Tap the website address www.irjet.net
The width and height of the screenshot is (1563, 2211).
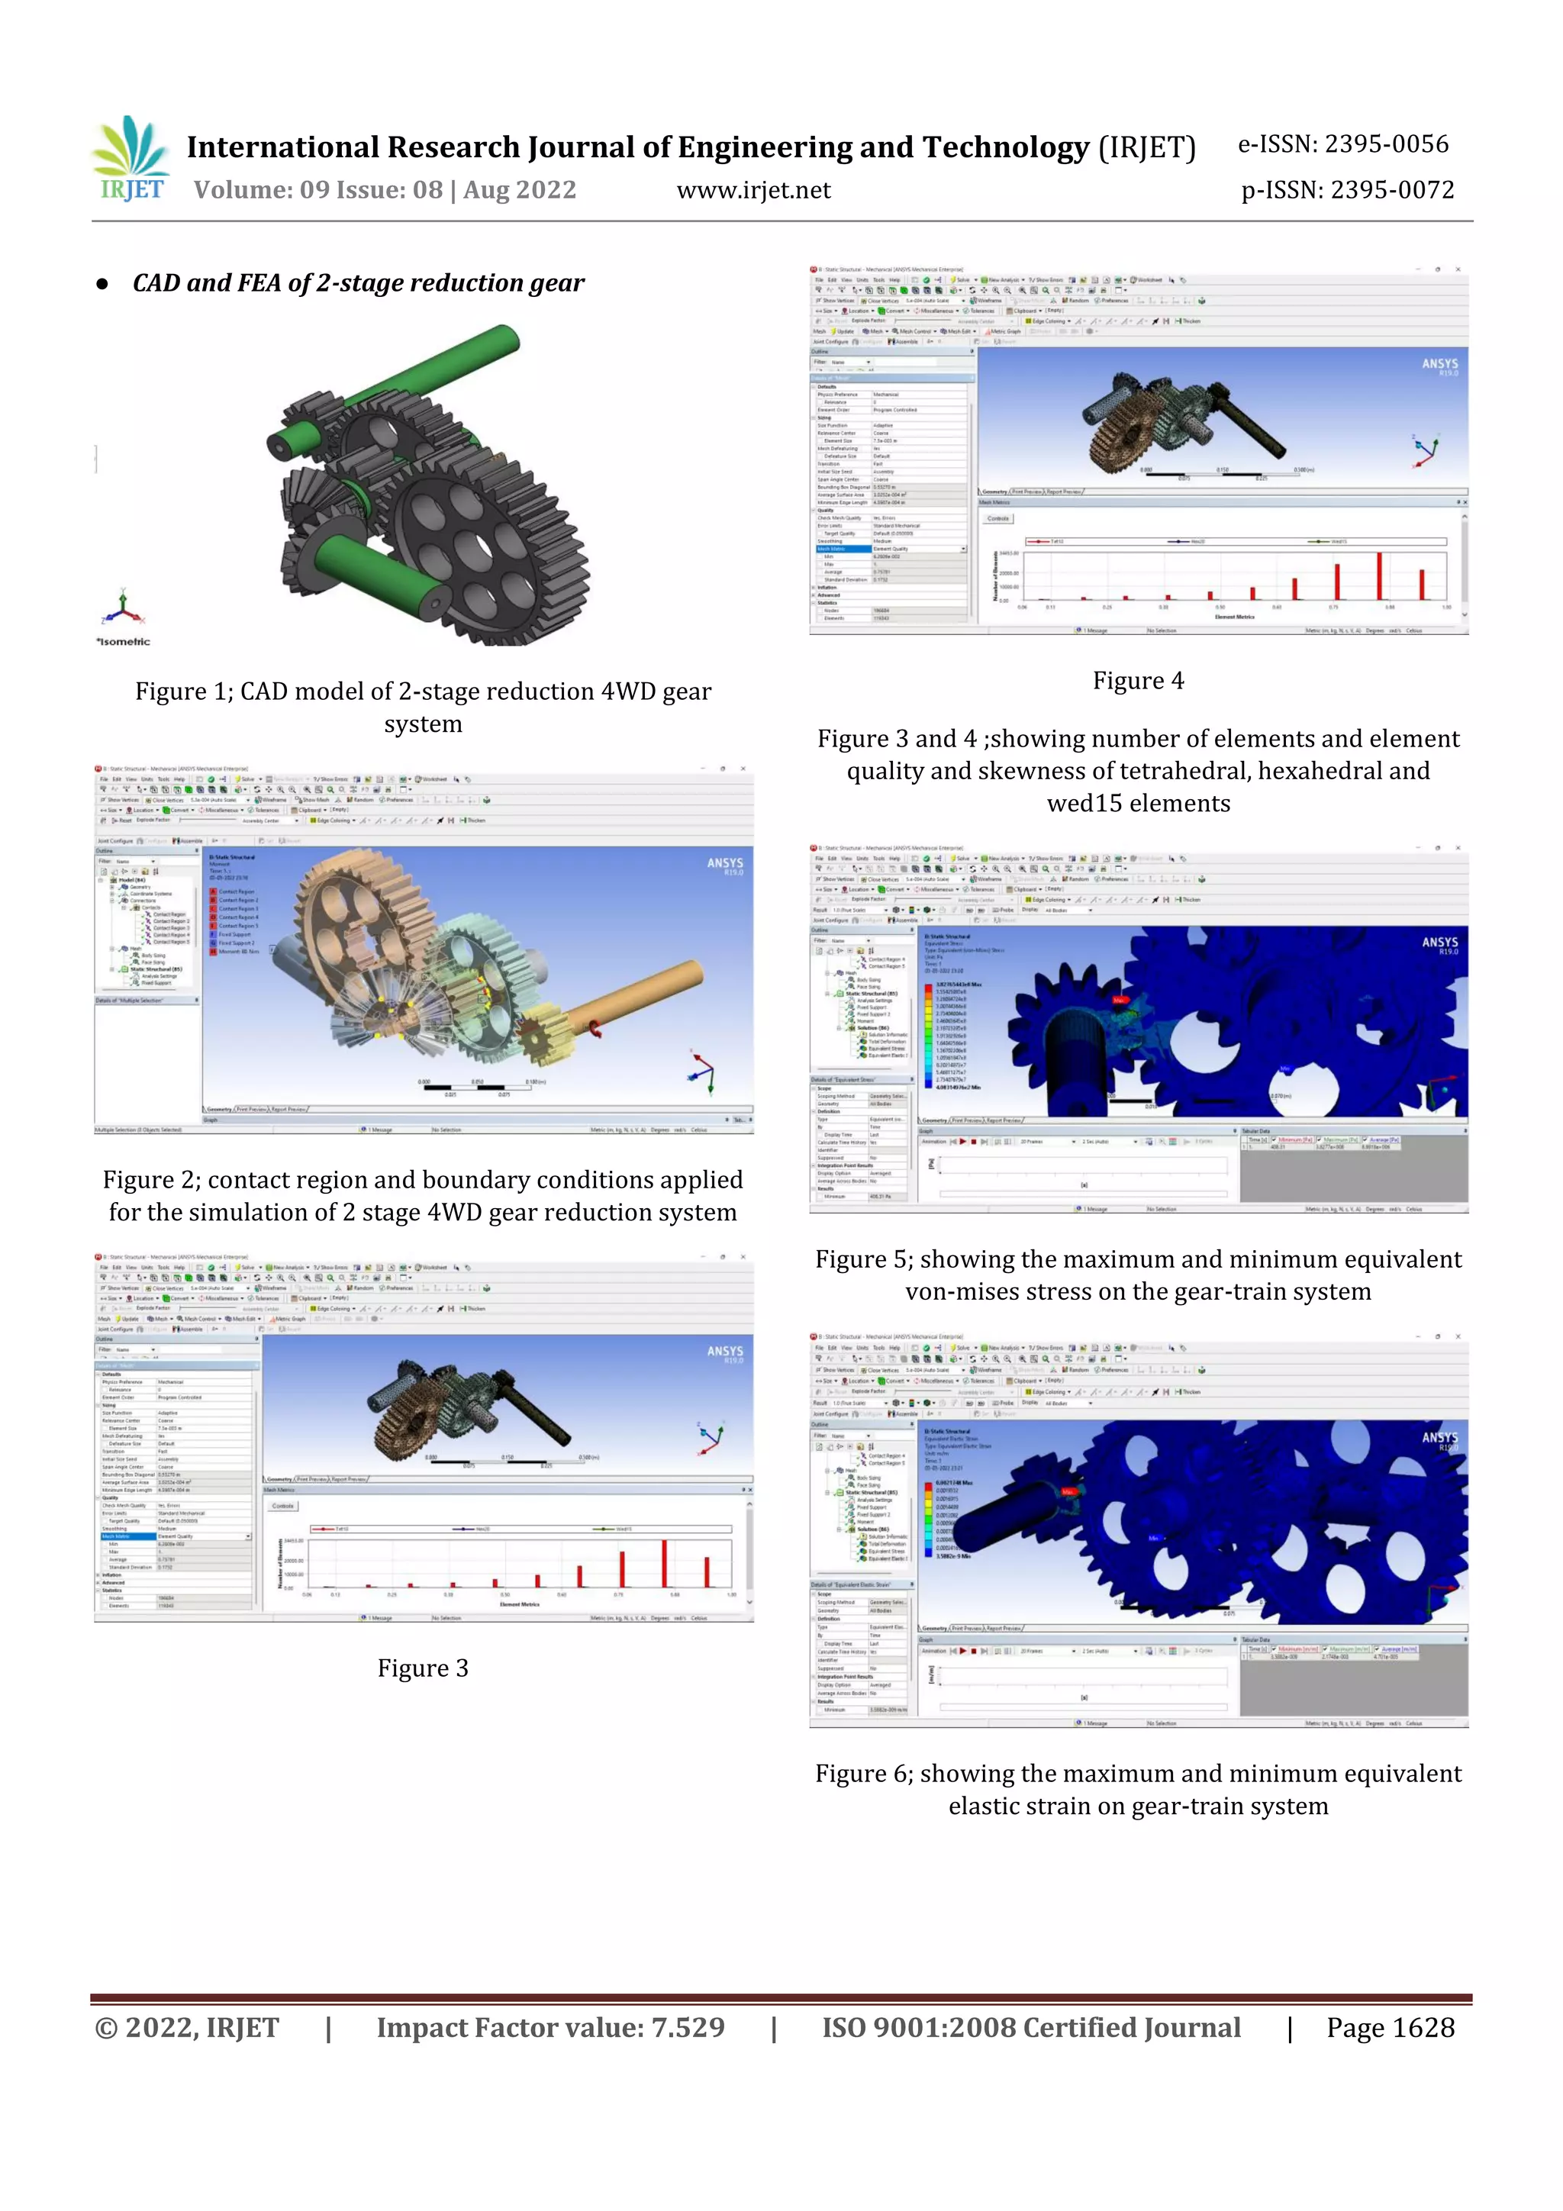753,191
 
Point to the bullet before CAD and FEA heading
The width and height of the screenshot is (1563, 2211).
102,284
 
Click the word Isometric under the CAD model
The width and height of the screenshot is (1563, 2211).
124,641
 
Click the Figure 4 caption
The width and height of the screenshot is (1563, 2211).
1137,681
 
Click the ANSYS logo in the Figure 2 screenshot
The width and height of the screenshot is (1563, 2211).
725,864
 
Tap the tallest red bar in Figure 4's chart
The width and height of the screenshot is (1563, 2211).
1379,576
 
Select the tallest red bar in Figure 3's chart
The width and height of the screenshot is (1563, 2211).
665,1563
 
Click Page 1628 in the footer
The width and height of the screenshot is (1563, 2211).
1390,2028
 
